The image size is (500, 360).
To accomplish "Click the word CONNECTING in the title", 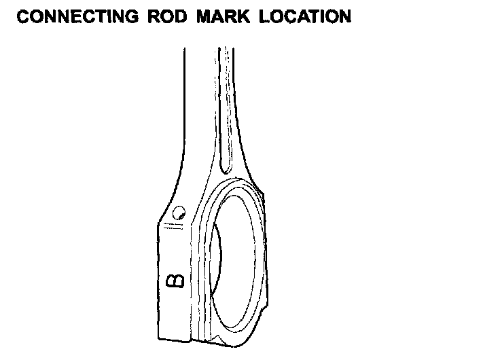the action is (x=76, y=17).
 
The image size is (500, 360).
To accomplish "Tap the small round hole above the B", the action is (x=179, y=213).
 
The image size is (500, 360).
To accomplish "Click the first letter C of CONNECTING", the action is (x=23, y=17).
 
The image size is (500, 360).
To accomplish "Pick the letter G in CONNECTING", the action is (x=133, y=17).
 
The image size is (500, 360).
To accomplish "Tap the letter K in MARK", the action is (x=243, y=17).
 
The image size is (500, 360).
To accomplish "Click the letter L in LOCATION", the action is (x=262, y=17).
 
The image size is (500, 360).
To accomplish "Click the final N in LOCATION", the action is (x=344, y=17).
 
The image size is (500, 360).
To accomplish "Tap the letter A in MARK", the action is (x=217, y=17).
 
